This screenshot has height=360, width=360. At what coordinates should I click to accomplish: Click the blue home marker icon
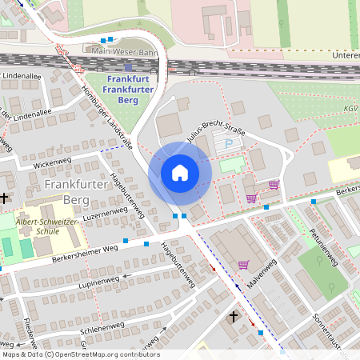point(180,172)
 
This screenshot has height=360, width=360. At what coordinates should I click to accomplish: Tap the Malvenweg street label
point(262,273)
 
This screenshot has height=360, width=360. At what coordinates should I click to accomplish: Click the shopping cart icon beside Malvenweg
point(243,264)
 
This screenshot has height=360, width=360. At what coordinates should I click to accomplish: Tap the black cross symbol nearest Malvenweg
point(234,317)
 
